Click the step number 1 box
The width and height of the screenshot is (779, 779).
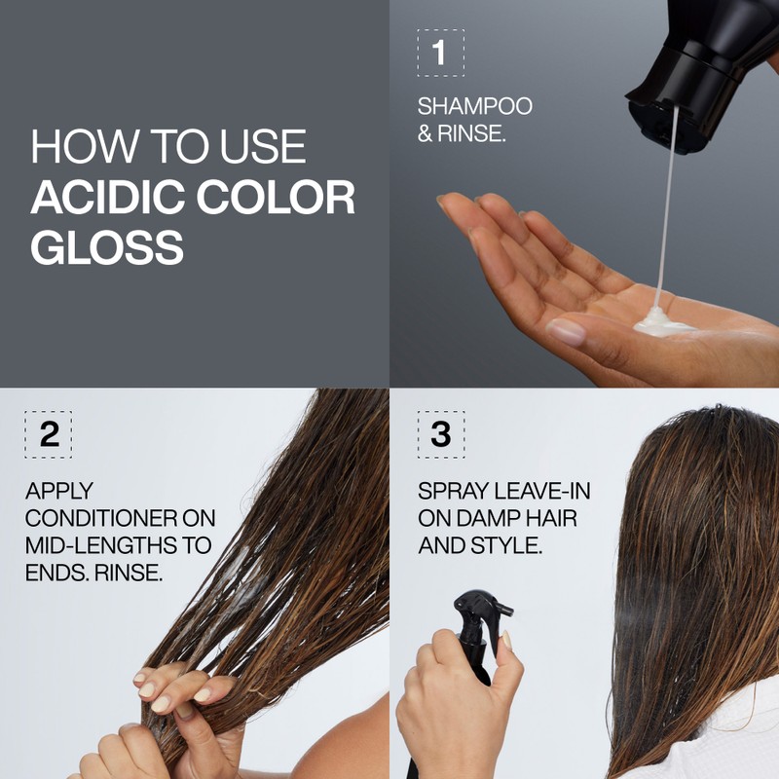(x=440, y=53)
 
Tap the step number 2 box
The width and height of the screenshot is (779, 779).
(x=49, y=434)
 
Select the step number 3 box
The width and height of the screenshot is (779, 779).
(x=440, y=434)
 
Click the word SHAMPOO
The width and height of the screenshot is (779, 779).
(x=475, y=106)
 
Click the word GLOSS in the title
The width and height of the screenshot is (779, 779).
(x=106, y=247)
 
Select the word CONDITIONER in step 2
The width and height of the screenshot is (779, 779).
(x=120, y=518)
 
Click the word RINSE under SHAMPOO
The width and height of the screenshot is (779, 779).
(x=471, y=133)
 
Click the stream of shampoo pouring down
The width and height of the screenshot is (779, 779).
(x=666, y=214)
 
